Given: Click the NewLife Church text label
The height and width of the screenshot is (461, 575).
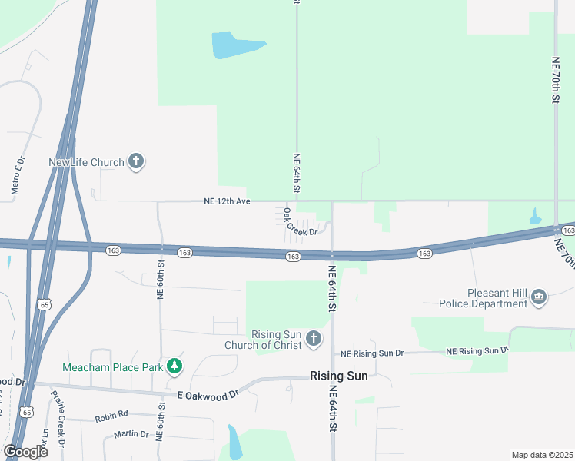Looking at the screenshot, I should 85,162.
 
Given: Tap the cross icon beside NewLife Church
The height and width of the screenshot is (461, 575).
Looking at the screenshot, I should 136,161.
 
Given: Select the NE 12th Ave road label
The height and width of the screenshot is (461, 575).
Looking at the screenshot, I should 228,201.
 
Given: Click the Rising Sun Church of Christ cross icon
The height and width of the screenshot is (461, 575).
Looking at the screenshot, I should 313,339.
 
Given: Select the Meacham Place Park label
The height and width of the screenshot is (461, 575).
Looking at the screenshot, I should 113,367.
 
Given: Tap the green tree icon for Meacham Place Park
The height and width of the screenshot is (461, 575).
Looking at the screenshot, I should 176,366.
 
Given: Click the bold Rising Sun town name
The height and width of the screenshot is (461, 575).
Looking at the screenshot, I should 338,376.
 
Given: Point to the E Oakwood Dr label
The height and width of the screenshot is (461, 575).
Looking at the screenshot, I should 208,394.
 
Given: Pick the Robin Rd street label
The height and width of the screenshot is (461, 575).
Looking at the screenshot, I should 110,418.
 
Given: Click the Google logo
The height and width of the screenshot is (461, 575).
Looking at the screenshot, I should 25,451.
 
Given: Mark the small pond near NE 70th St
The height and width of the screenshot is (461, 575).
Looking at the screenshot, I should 536,217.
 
